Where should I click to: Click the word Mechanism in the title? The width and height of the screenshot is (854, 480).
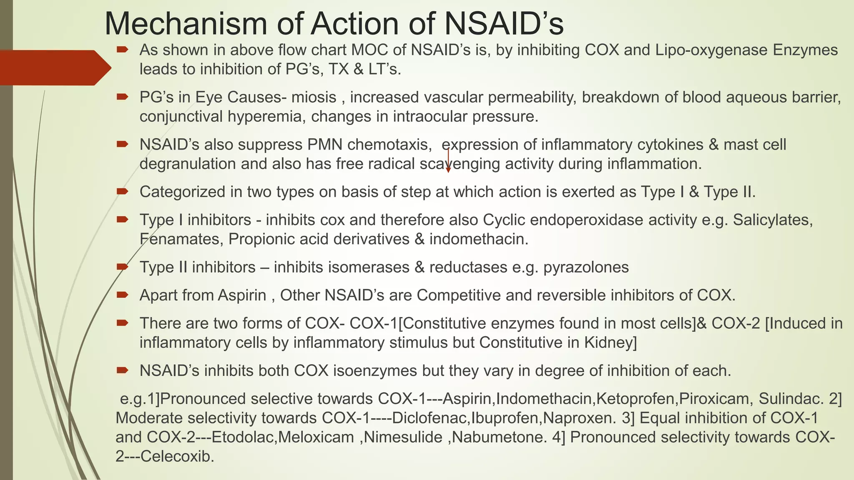click(x=186, y=24)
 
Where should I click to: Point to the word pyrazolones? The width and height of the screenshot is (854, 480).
click(x=586, y=267)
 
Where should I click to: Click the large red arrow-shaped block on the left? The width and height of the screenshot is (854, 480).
click(x=54, y=67)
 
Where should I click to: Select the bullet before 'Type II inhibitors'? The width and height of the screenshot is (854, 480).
click(x=122, y=267)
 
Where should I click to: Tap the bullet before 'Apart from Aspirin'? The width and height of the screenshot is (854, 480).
click(x=122, y=295)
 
